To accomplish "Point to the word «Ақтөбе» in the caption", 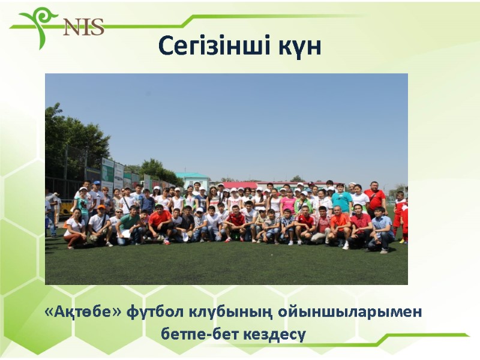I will pyautogui.click(x=82, y=313).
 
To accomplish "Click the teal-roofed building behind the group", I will pyautogui.click(x=192, y=179).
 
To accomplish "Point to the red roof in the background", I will pyautogui.click(x=240, y=184).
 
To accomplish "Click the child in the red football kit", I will pyautogui.click(x=399, y=216).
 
